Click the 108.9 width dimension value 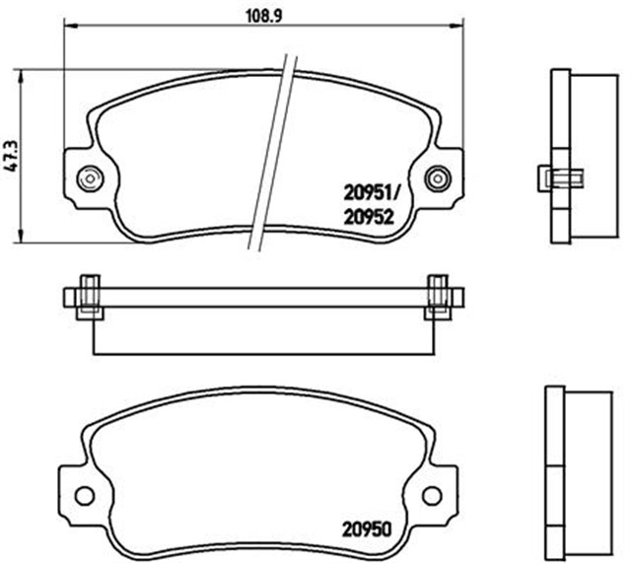263,16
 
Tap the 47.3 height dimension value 11,156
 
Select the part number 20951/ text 371,194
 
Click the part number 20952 368,218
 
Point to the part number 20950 367,529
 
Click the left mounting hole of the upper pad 90,177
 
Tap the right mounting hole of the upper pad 438,177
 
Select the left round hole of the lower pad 85,495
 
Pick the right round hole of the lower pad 432,495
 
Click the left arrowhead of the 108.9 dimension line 71,27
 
